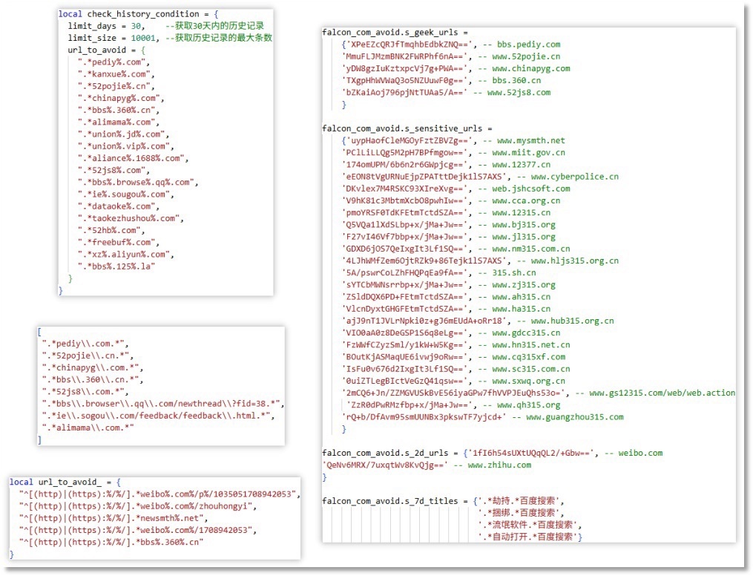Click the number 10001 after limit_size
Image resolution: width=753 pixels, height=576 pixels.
click(141, 38)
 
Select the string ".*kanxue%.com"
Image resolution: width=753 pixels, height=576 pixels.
click(115, 74)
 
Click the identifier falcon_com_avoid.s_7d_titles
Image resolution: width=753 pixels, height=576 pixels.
click(390, 501)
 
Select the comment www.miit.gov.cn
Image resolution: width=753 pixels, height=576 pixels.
click(528, 152)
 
